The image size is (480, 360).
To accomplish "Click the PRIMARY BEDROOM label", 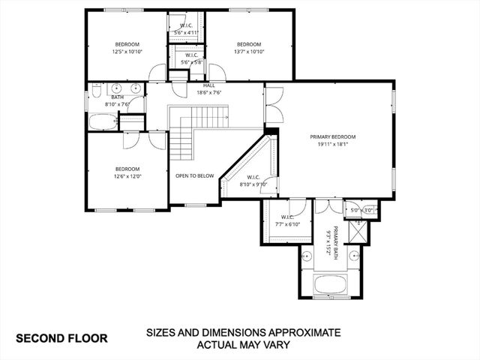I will [x=333, y=137].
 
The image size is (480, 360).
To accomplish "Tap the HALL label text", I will [x=208, y=86].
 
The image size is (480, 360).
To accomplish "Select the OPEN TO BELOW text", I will [x=195, y=175].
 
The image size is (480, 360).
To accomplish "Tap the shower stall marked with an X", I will [x=359, y=233].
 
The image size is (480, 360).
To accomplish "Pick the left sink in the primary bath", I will [x=307, y=256].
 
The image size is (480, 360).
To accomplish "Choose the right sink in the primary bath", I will [x=352, y=256].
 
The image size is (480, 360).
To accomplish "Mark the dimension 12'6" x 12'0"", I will [x=127, y=176].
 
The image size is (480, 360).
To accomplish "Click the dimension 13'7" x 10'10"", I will [x=248, y=52].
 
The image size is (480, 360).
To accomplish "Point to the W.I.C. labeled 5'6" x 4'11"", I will [x=185, y=29].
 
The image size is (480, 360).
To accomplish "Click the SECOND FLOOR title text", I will [x=61, y=338].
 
